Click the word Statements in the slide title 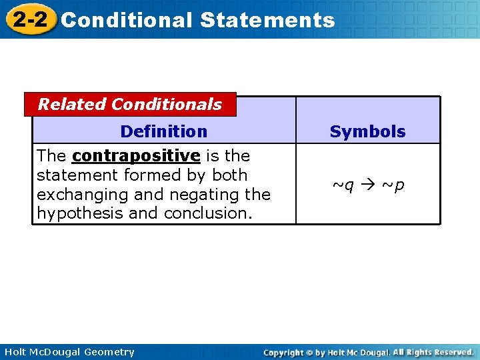pyautogui.click(x=267, y=20)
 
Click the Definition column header pyautogui.click(x=163, y=131)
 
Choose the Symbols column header pyautogui.click(x=367, y=132)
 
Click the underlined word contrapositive pyautogui.click(x=136, y=156)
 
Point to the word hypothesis pyautogui.click(x=74, y=213)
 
